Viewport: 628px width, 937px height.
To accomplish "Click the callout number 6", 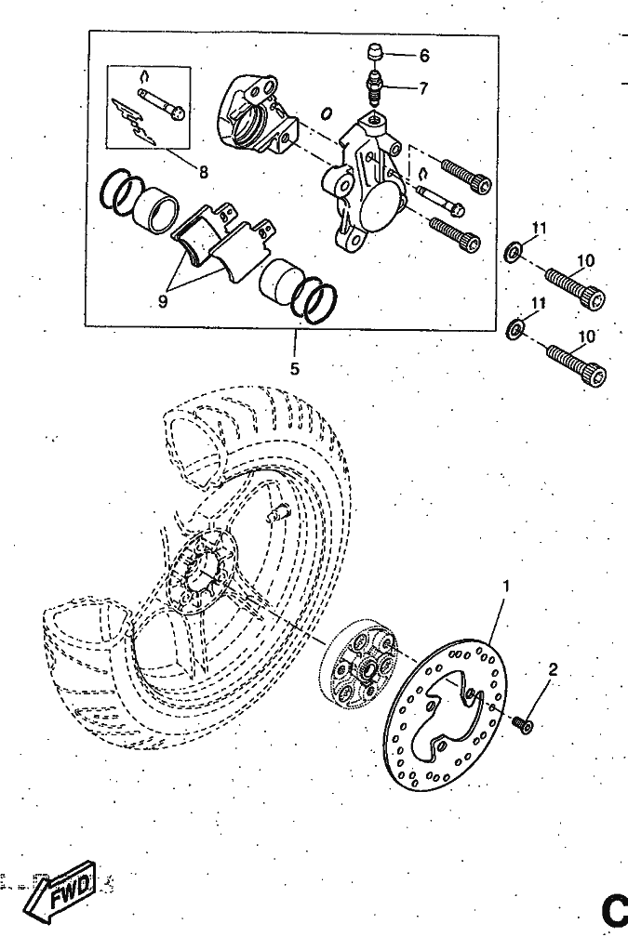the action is coord(424,56).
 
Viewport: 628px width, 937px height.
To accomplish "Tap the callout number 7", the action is coord(423,88).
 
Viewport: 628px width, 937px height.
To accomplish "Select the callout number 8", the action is coord(204,172).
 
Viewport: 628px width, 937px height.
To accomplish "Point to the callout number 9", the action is coord(163,302).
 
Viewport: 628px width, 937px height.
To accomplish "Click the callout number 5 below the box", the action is coord(294,369).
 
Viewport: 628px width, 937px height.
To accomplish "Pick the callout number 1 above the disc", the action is coord(506,587).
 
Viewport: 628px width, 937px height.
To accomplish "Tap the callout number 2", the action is coord(553,669).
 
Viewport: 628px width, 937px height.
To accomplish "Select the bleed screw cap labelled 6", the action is coord(374,51).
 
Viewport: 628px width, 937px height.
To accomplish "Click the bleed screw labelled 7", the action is coord(375,87).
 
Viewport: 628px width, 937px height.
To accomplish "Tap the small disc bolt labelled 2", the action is coord(523,724).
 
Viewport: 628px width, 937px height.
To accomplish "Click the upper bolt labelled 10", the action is coord(575,287).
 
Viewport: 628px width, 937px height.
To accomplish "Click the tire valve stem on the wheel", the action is coord(279,511).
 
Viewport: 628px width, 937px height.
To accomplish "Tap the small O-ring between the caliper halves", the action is coord(327,113).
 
